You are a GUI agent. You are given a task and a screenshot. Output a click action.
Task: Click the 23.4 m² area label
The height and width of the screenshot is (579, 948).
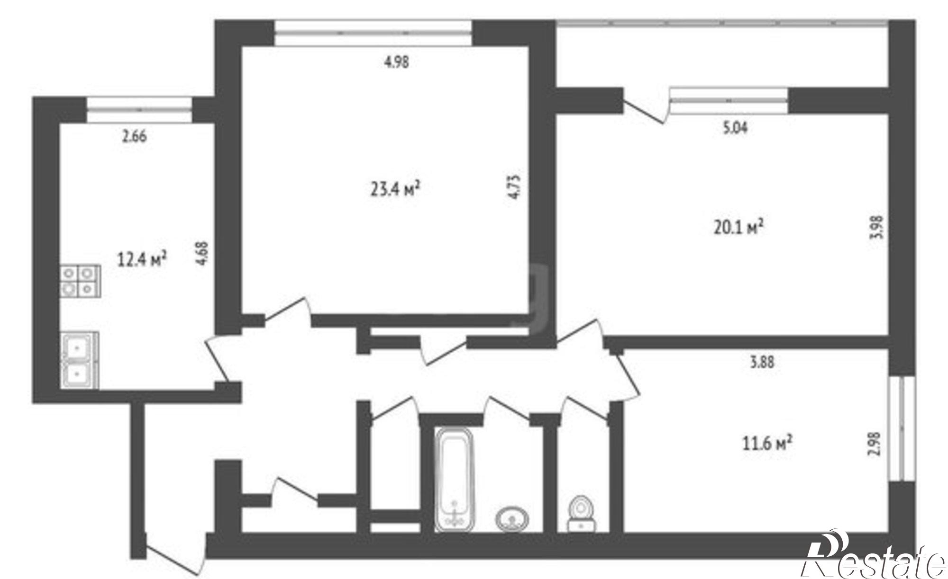click(394, 189)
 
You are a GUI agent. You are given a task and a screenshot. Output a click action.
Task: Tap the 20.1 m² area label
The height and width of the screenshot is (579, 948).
click(738, 227)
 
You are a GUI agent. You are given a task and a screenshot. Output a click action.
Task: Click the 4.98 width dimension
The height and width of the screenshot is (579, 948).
click(396, 62)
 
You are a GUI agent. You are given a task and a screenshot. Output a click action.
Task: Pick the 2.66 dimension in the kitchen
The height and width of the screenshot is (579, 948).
click(134, 136)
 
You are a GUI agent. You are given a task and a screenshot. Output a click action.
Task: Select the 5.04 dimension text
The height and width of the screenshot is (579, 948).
click(735, 128)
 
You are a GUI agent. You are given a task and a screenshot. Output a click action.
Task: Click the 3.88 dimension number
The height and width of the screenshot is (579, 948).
click(762, 362)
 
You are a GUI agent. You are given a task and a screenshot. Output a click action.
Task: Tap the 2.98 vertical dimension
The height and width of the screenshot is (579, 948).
click(875, 444)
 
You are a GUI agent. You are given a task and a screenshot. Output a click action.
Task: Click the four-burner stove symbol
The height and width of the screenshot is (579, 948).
click(80, 281)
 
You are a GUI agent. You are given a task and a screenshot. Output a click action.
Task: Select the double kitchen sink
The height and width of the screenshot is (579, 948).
click(79, 360)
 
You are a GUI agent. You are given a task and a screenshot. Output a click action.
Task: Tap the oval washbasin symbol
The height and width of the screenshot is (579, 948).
click(513, 519)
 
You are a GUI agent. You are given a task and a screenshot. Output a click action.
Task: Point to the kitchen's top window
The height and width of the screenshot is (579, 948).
click(139, 110)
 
